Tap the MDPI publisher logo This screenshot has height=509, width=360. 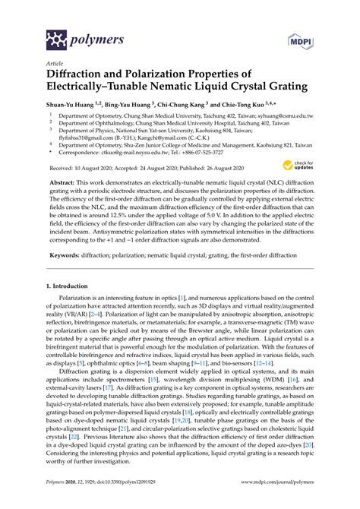[298, 36]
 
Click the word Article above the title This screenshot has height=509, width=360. [55, 65]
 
